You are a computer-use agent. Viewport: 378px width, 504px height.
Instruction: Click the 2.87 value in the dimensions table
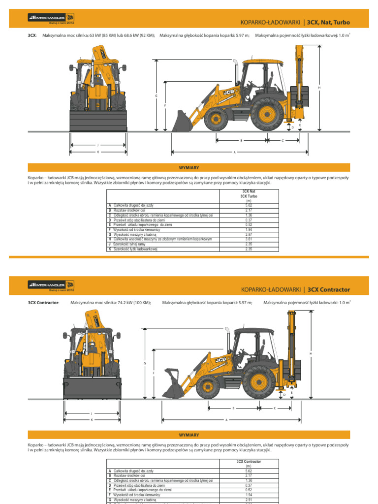pos(249,234)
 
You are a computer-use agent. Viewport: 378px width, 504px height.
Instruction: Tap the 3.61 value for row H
pos(249,239)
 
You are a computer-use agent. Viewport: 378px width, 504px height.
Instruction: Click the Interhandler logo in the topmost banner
pos(51,20)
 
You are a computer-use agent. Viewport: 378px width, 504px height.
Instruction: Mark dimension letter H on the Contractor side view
pos(311,353)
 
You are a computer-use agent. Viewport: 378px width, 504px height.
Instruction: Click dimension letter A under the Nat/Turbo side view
pos(235,152)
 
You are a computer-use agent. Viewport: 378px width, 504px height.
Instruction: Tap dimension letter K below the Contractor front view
pos(92,420)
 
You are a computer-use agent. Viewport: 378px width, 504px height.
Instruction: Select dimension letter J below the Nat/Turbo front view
pos(98,145)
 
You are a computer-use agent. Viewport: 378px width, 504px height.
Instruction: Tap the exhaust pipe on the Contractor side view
pos(228,339)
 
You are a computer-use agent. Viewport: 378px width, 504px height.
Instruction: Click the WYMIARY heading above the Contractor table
pos(189,435)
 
